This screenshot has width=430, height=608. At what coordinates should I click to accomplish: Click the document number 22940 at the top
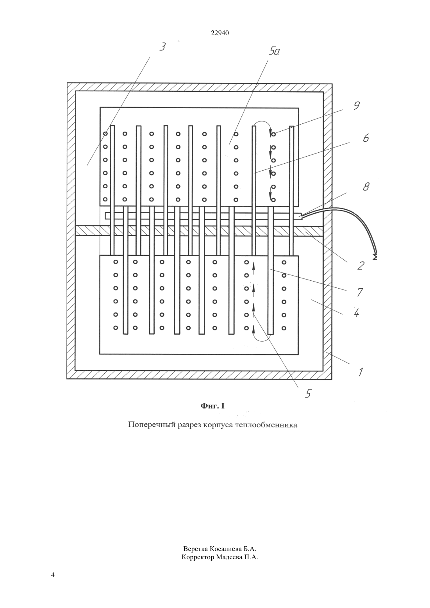[220, 33]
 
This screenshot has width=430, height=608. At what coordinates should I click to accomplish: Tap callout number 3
[162, 47]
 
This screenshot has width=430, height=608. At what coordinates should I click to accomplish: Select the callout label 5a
[274, 51]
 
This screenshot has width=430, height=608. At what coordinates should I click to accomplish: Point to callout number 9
[357, 105]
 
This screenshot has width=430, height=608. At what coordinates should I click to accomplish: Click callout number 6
[366, 138]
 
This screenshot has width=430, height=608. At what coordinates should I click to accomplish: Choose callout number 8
[366, 186]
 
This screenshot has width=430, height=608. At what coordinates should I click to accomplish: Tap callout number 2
[360, 266]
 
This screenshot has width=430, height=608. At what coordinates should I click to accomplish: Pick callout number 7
[360, 292]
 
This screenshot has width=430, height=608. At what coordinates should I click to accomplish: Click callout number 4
[357, 313]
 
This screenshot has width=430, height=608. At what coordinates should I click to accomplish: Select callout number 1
[360, 372]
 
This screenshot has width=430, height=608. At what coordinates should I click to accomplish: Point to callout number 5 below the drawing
[308, 393]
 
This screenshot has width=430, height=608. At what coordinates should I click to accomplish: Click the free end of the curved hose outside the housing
[375, 257]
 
